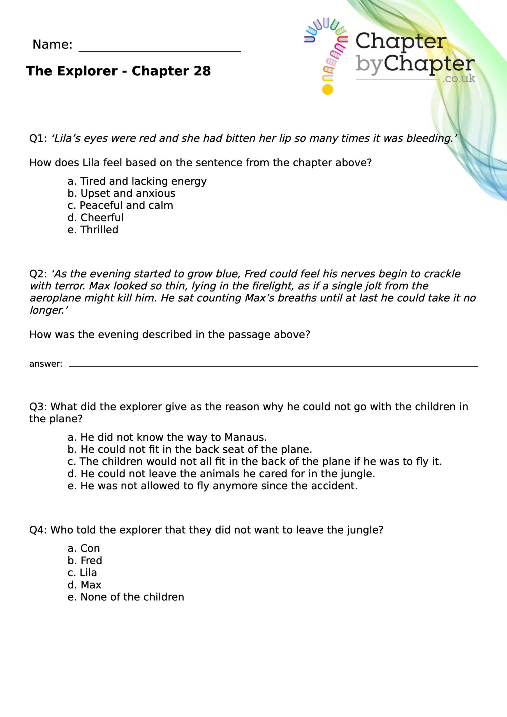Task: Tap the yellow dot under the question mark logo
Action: click(x=327, y=90)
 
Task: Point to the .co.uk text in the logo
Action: click(x=459, y=78)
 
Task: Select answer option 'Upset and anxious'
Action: click(x=121, y=193)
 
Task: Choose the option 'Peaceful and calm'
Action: click(x=120, y=206)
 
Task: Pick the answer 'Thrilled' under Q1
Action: click(x=93, y=230)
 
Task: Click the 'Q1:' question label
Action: click(x=38, y=138)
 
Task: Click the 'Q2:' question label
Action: click(x=38, y=274)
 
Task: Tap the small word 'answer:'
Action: click(x=46, y=364)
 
